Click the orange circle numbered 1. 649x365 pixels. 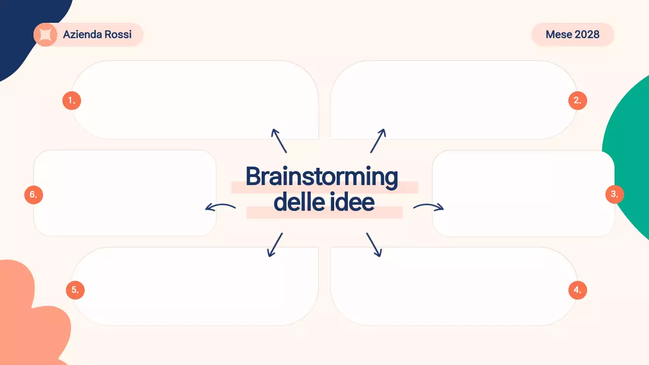click(71, 100)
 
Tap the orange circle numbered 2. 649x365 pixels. click(578, 100)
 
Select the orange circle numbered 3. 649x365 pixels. click(615, 194)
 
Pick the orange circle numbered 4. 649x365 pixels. click(578, 290)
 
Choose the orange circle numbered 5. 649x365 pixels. click(75, 290)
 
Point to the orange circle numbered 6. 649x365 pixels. click(33, 194)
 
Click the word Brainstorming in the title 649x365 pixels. click(321, 177)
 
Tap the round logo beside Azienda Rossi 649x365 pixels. click(45, 34)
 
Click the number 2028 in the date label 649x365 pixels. click(587, 34)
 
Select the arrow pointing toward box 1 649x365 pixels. click(279, 140)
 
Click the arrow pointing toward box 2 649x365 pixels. click(378, 140)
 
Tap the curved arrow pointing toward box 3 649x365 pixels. click(428, 206)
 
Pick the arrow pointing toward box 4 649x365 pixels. click(374, 245)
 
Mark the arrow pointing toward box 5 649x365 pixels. click(275, 245)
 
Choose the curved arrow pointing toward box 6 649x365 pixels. click(220, 206)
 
